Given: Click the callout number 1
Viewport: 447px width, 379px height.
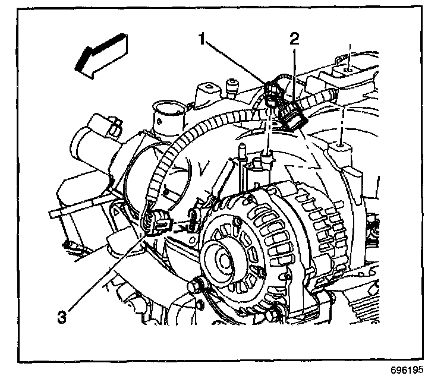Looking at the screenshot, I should pyautogui.click(x=203, y=40).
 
